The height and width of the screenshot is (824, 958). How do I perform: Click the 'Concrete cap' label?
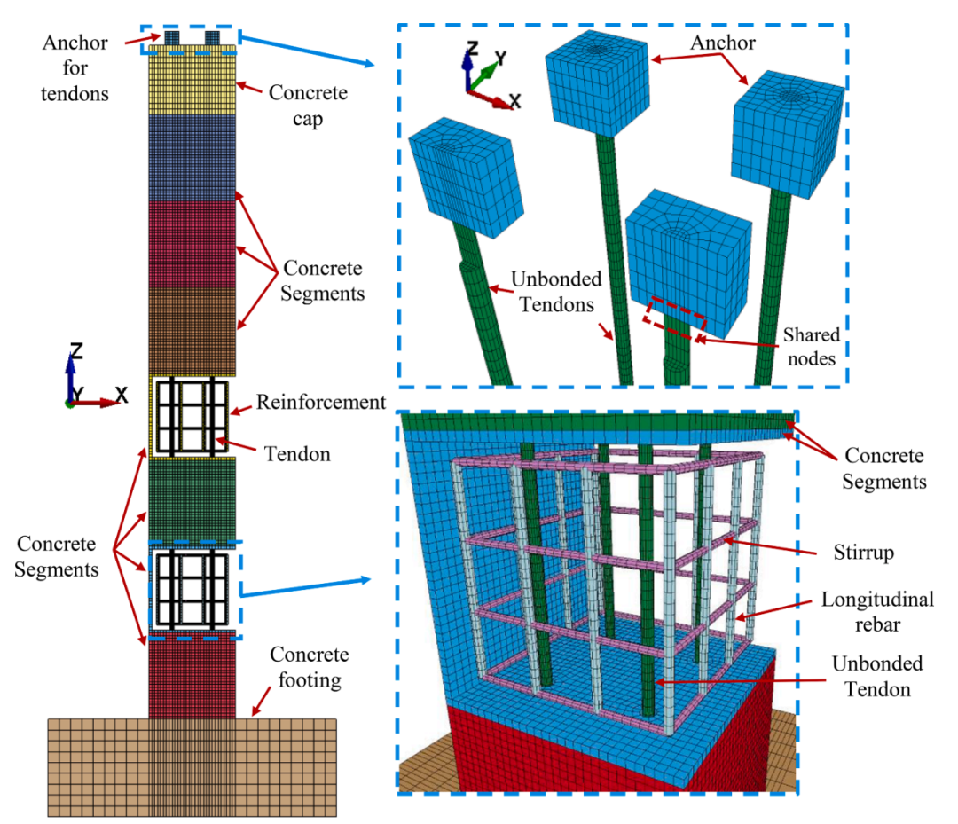[x=308, y=105]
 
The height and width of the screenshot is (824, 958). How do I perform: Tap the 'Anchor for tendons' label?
[x=75, y=67]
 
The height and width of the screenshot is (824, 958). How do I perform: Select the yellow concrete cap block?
[x=192, y=80]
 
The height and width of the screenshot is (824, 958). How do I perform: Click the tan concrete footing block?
[x=192, y=767]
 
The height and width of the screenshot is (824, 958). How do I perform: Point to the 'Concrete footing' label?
[x=310, y=667]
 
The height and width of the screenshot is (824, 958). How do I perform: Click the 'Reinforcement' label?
[x=321, y=402]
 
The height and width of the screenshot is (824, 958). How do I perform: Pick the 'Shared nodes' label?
[x=812, y=346]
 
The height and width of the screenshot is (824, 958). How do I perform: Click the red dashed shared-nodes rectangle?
[x=674, y=318]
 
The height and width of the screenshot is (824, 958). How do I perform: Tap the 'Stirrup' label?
[x=864, y=553]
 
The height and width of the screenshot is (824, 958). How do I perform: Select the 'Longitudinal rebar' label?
[x=877, y=611]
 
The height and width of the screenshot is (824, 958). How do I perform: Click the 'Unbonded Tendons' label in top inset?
[x=556, y=291]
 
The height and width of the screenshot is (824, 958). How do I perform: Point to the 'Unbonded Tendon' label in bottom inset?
[x=877, y=676]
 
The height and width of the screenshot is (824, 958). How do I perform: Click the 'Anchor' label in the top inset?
[x=723, y=43]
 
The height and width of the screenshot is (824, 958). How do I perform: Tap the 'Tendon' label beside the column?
[x=297, y=454]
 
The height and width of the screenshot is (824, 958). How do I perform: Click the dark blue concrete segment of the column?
[x=192, y=158]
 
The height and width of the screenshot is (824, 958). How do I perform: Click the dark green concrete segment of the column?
[x=192, y=499]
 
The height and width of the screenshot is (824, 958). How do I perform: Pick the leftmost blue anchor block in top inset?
[x=467, y=177]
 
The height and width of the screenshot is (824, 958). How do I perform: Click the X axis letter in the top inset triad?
[x=515, y=101]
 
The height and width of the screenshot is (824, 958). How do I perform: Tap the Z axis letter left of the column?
[x=75, y=350]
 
